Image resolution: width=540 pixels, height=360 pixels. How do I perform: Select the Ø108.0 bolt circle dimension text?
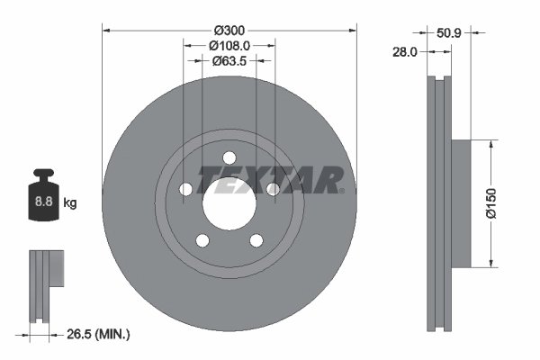[x=229, y=45]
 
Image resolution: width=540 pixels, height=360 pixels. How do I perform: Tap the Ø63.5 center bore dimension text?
[x=229, y=61]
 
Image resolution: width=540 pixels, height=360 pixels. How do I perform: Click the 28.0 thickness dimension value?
[x=406, y=52]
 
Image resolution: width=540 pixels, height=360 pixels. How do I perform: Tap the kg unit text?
[x=70, y=203]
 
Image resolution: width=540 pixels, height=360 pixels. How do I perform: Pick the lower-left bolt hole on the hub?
[x=202, y=239]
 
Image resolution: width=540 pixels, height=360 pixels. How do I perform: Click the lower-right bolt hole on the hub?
[x=256, y=239]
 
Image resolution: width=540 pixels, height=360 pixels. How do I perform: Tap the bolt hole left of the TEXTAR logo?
[x=186, y=189]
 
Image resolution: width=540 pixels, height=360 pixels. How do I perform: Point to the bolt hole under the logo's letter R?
[x=272, y=189]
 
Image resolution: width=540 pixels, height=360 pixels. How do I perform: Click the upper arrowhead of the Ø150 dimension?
[x=491, y=144]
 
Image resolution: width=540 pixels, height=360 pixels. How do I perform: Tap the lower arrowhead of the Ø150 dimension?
[x=491, y=263]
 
